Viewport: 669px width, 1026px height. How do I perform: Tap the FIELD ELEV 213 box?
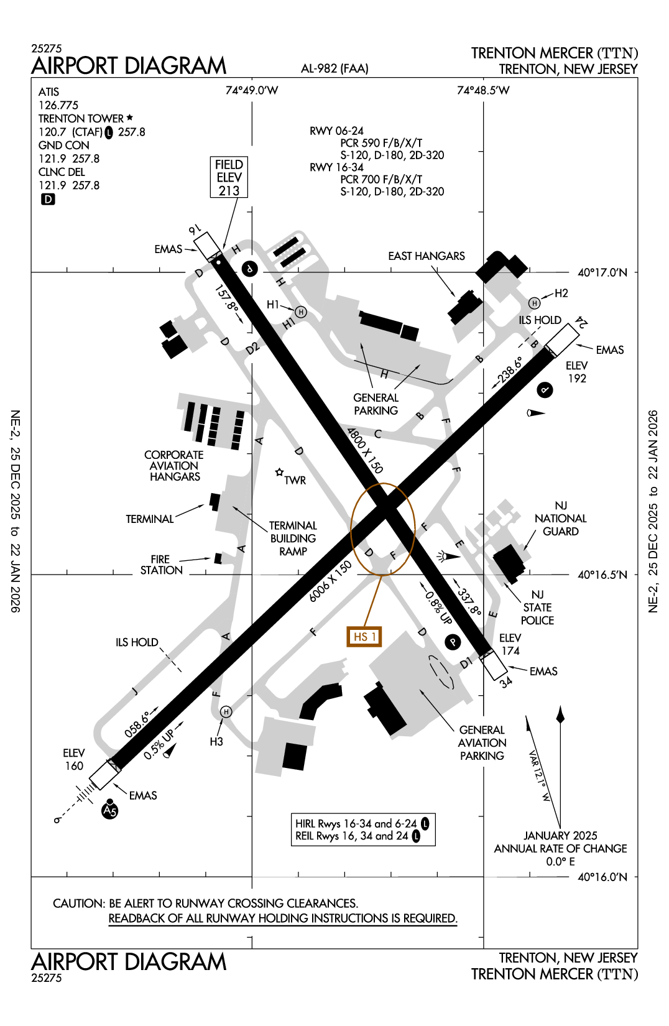pyautogui.click(x=229, y=178)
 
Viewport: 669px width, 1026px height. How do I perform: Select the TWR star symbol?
pyautogui.click(x=280, y=473)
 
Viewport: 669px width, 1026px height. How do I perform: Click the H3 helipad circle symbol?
pyautogui.click(x=226, y=712)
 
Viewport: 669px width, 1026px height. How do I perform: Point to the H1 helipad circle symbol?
pyautogui.click(x=301, y=312)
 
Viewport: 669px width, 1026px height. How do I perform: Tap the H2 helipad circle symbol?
pyautogui.click(x=534, y=303)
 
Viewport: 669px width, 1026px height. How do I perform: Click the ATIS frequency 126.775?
pyautogui.click(x=58, y=105)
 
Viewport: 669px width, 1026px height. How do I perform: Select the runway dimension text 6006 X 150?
pyautogui.click(x=330, y=581)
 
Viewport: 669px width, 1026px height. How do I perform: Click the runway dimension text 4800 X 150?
pyautogui.click(x=365, y=450)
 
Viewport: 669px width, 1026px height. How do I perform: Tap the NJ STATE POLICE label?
pyautogui.click(x=537, y=608)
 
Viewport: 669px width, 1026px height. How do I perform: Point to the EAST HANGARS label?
pyautogui.click(x=427, y=256)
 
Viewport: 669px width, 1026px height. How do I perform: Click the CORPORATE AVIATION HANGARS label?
pyautogui.click(x=174, y=466)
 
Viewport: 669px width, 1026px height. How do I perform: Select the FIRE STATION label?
pyautogui.click(x=161, y=565)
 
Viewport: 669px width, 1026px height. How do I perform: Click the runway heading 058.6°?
pyautogui.click(x=137, y=724)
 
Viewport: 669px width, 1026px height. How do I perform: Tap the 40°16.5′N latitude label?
pyautogui.click(x=602, y=575)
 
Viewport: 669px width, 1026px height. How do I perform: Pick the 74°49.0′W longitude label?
pyautogui.click(x=252, y=91)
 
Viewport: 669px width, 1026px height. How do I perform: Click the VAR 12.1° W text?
pyautogui.click(x=538, y=775)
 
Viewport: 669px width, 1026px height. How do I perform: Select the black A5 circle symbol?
pyautogui.click(x=110, y=811)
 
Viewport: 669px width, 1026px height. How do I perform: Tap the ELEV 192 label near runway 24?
pyautogui.click(x=576, y=372)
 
